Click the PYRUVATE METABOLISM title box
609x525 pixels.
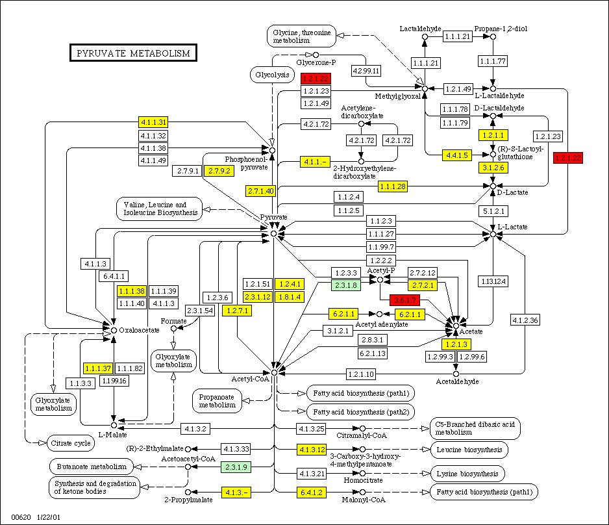[x=133, y=53]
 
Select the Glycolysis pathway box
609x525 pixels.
[x=271, y=75]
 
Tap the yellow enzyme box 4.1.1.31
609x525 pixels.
[x=153, y=122]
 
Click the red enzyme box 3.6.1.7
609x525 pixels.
[x=404, y=300]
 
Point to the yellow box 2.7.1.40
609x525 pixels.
[x=261, y=191]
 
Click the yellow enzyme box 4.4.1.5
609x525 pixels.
[x=457, y=155]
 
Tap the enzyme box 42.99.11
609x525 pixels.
[x=366, y=70]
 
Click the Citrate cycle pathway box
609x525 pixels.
[x=69, y=443]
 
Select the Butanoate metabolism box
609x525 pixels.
[x=91, y=466]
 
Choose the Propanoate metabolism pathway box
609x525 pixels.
[x=217, y=400]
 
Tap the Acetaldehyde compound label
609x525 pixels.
[x=457, y=381]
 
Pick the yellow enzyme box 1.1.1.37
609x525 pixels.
[x=98, y=368]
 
